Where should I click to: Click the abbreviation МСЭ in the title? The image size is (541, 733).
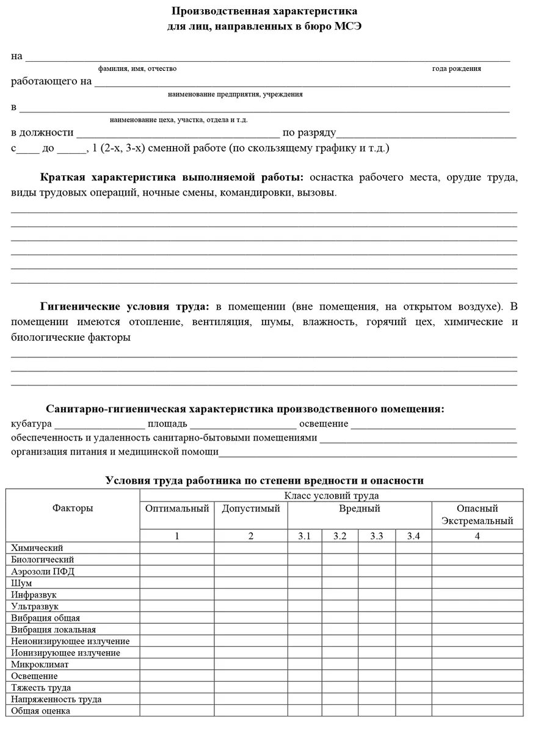tap(348, 26)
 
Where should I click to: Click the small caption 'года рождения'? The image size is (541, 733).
tap(456, 69)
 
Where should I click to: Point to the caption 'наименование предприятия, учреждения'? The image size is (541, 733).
tap(235, 95)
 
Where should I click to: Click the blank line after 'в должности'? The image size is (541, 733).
tap(177, 133)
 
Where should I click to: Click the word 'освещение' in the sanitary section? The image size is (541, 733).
tap(324, 424)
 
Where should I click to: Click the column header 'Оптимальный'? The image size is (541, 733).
tap(177, 509)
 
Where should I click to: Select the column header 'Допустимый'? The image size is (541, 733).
tap(251, 509)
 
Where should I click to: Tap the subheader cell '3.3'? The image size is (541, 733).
tap(376, 536)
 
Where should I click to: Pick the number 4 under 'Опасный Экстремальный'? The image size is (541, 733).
tap(477, 536)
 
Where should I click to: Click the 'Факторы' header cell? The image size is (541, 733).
tap(73, 509)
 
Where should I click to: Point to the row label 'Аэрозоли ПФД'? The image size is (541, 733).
tap(42, 572)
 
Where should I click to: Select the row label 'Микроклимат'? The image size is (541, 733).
tap(40, 665)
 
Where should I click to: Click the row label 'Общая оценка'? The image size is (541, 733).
tap(40, 711)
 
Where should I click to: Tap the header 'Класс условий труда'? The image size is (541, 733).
tap(332, 496)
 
